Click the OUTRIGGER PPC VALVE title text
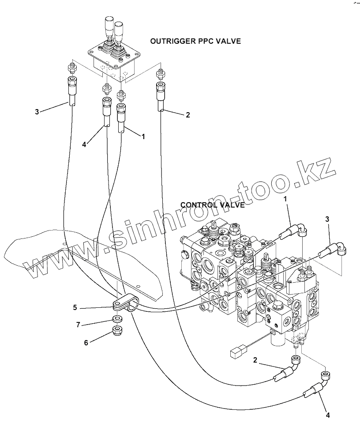click(x=195, y=41)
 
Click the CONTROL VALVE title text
click(x=213, y=205)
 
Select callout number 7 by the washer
click(x=78, y=325)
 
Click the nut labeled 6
click(x=117, y=330)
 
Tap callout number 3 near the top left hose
click(x=37, y=112)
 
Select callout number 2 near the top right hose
click(x=187, y=115)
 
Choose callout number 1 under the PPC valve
click(x=143, y=137)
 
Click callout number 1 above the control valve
click(x=285, y=199)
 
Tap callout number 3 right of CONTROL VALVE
click(x=327, y=219)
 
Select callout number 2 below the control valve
click(x=255, y=360)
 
